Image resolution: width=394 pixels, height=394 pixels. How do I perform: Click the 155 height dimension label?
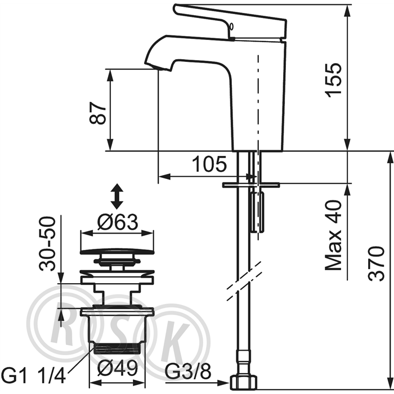click(x=333, y=80)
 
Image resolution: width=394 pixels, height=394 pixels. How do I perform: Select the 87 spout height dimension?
click(x=98, y=113)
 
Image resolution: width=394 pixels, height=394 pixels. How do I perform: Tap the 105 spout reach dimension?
click(x=209, y=164)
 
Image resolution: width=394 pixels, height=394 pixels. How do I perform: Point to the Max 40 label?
click(x=333, y=235)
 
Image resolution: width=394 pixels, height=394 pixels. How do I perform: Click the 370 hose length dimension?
click(x=376, y=264)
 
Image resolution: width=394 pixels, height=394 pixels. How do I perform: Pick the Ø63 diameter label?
click(x=118, y=222)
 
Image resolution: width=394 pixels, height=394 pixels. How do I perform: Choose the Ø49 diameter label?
click(x=118, y=369)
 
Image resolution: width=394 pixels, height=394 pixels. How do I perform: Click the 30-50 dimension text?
click(x=47, y=244)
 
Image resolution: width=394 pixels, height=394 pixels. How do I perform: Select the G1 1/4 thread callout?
click(x=34, y=375)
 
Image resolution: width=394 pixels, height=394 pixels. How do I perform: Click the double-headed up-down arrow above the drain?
click(x=117, y=196)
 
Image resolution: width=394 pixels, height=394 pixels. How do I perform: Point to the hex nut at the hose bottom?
click(x=244, y=383)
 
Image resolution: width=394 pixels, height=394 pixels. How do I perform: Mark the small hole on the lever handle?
click(x=232, y=26)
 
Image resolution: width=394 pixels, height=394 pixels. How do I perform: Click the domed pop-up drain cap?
click(x=117, y=251)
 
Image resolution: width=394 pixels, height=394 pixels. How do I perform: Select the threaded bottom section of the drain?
click(x=117, y=349)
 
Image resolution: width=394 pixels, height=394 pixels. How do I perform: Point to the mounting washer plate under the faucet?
click(x=251, y=185)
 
